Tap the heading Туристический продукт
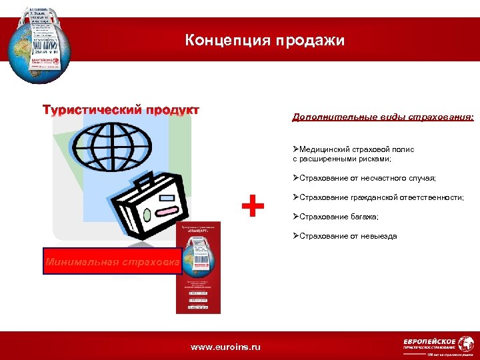click(x=121, y=109)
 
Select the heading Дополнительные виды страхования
click(x=383, y=117)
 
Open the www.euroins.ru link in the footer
click(x=226, y=347)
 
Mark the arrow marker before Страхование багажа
click(x=295, y=217)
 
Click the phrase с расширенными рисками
click(x=341, y=159)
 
